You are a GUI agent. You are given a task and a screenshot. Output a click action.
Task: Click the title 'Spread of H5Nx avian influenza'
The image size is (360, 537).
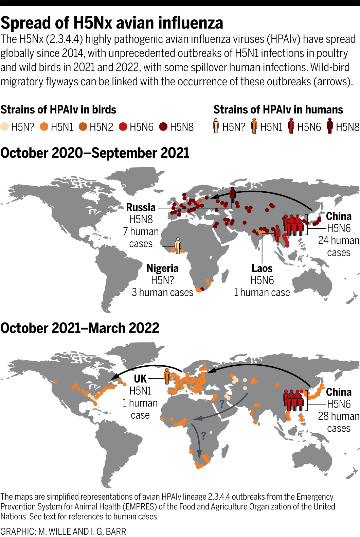point(112,23)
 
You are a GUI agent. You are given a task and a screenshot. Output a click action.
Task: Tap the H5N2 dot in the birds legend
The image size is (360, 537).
point(83,127)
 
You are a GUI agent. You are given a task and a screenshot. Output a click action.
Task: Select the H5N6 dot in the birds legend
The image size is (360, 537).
point(123,127)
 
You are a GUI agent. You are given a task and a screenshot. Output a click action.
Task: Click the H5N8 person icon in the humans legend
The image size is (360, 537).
point(329,126)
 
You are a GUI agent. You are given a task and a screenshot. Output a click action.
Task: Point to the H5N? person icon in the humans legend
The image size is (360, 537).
point(216,126)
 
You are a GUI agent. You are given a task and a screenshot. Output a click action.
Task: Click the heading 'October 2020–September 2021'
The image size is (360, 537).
point(95,153)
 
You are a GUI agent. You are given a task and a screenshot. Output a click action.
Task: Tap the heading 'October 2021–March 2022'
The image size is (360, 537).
point(80,328)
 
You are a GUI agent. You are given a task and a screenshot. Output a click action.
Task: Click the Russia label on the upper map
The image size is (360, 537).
point(141,207)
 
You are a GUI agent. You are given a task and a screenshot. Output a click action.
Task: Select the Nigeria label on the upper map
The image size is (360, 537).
point(162,268)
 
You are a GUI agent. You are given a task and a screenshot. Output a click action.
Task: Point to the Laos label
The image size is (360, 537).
point(262,268)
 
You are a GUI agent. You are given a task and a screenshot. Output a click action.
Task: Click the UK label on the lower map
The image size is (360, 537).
point(140,379)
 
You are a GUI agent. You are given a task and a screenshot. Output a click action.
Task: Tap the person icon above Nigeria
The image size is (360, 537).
point(178,245)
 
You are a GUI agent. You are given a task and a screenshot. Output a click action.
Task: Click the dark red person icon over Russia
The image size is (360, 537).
point(233,195)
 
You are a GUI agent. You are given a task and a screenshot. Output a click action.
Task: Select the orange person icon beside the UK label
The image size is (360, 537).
point(167,376)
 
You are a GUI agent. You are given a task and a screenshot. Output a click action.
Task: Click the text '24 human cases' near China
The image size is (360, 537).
point(338,246)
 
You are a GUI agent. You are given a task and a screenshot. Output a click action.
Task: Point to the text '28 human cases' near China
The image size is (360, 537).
point(338,422)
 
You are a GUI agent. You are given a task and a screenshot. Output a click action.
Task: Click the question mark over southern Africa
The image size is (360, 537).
point(203,436)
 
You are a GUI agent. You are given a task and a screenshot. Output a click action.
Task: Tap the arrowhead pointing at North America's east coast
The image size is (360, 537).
point(114,377)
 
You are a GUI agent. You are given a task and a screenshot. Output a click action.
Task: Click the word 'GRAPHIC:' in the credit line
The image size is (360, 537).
point(17,531)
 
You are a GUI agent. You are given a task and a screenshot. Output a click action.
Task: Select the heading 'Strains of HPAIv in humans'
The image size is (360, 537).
point(278,110)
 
